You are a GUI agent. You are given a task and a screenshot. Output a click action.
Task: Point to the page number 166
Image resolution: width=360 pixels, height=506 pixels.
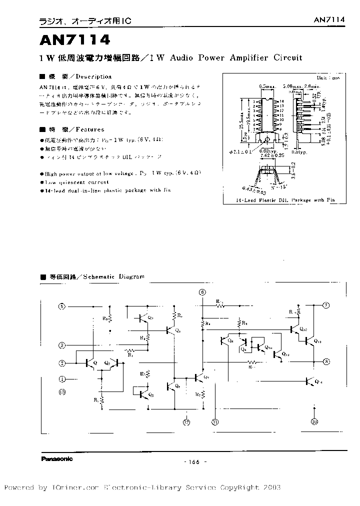[192, 461]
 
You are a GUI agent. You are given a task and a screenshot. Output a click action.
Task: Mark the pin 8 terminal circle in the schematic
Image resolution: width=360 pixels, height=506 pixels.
[325, 361]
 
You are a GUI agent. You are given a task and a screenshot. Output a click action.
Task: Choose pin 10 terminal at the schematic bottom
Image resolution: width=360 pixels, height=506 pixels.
[314, 421]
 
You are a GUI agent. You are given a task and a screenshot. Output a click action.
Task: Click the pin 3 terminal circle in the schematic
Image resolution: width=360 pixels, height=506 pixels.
[62, 345]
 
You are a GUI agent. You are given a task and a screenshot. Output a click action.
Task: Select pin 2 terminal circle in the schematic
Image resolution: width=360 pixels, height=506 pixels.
[62, 363]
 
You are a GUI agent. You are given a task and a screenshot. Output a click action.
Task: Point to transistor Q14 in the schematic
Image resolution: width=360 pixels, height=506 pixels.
[312, 381]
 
